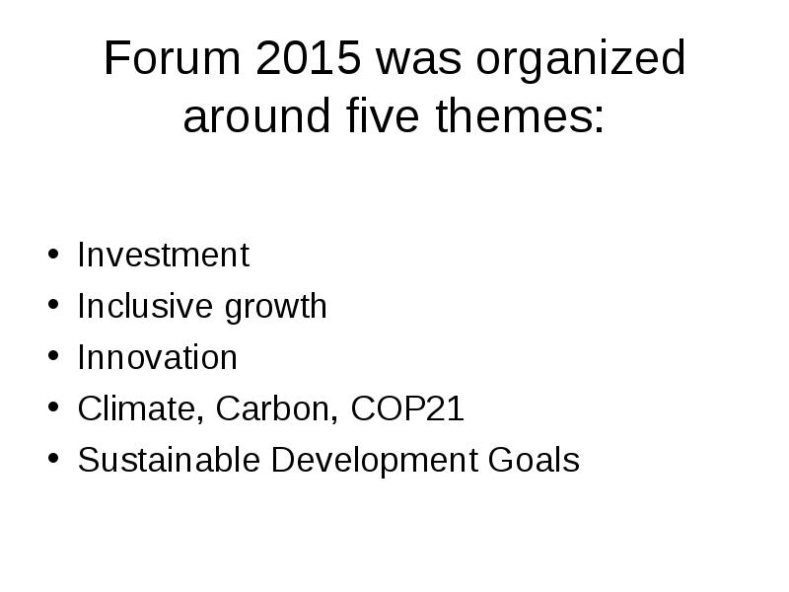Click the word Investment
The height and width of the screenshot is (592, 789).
(163, 256)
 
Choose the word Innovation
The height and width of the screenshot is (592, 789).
(157, 357)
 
